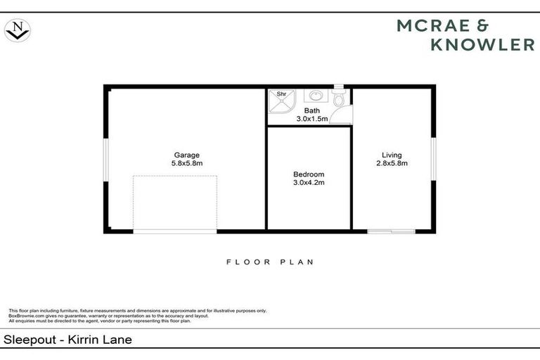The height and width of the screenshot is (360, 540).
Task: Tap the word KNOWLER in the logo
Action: click(482, 45)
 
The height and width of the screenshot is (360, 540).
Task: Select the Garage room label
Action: click(187, 155)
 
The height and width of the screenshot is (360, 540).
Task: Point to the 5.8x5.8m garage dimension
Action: click(187, 164)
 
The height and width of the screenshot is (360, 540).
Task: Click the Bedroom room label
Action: click(309, 174)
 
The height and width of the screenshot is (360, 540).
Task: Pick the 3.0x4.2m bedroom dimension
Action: click(309, 183)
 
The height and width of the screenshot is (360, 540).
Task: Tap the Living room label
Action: click(392, 155)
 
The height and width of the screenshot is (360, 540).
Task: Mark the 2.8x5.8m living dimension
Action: click(392, 164)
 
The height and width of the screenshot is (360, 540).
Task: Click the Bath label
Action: click(311, 111)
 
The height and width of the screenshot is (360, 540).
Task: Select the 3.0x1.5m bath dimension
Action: click(311, 120)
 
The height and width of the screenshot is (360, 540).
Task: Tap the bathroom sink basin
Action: click(316, 96)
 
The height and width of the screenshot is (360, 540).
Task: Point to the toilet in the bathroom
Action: click(339, 99)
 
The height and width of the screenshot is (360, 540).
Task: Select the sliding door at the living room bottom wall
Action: click(391, 231)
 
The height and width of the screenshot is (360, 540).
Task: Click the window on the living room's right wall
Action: click(433, 159)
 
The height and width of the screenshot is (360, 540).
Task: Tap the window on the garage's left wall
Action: click(105, 159)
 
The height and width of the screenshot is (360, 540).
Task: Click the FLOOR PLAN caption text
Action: click(269, 262)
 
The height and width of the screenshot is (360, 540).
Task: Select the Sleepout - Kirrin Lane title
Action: click(68, 340)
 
